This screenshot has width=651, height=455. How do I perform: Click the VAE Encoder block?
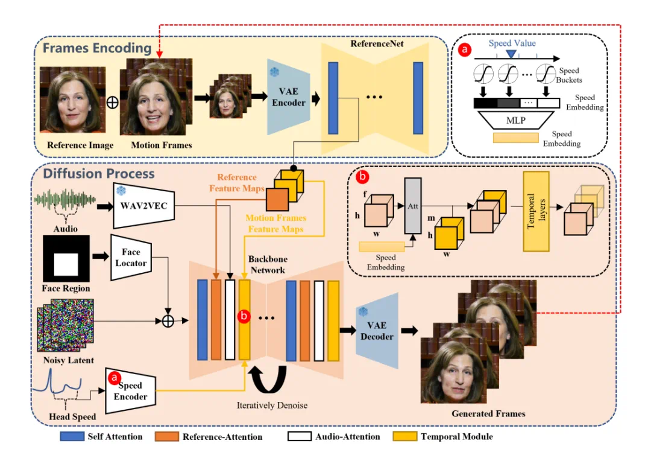[289, 98]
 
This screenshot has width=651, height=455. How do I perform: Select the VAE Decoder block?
[377, 330]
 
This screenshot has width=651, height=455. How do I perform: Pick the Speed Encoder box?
[130, 390]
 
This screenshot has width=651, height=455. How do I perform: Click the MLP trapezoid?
[516, 120]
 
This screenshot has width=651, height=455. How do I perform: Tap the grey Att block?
[414, 206]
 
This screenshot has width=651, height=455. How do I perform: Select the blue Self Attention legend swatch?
[71, 436]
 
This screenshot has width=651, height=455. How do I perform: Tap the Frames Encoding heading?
[96, 48]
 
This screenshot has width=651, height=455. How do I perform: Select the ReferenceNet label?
[377, 43]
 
